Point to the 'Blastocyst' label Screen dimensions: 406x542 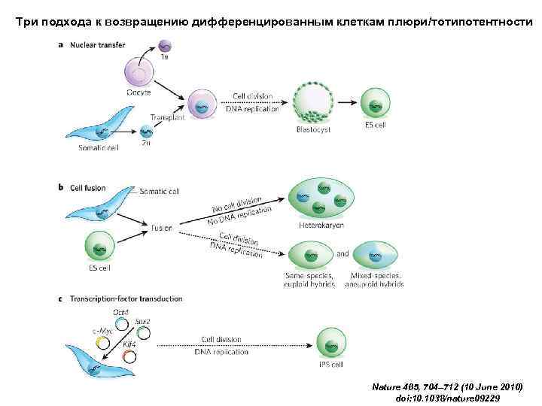[x=313, y=130]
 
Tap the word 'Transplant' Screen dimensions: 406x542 [x=167, y=119]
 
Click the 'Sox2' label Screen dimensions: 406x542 [x=143, y=320]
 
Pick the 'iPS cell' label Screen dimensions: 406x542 [x=330, y=365]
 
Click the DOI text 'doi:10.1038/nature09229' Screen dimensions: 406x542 [x=448, y=397]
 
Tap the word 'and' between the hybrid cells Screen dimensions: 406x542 [x=343, y=254]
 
